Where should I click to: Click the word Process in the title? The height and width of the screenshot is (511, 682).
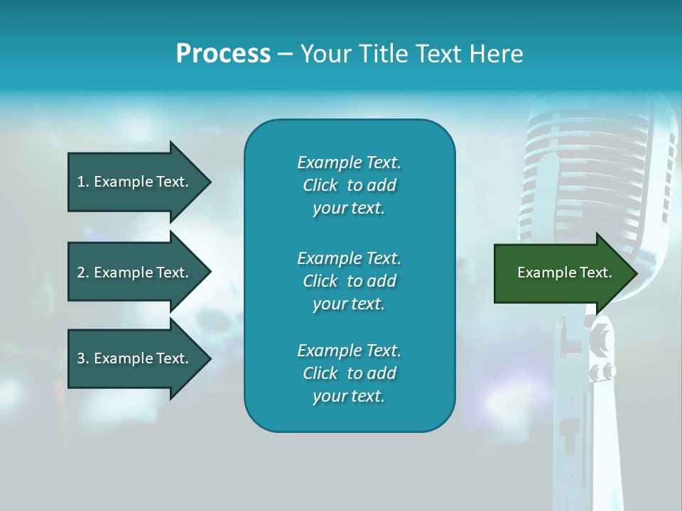223,54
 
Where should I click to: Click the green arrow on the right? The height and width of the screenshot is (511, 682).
561,273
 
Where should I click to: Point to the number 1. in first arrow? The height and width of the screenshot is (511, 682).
83,182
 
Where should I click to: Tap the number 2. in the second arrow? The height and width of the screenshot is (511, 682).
83,273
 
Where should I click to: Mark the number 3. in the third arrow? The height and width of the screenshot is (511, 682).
83,358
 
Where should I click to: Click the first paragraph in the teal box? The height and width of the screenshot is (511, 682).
349,185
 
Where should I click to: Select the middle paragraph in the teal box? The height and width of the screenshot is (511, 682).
349,280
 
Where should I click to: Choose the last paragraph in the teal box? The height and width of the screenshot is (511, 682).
349,373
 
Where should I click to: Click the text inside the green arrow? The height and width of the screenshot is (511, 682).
564,273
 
